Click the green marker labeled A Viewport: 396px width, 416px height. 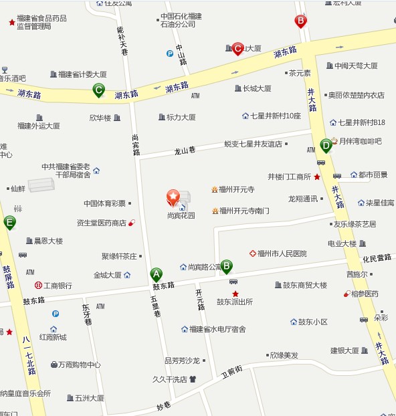[157, 274]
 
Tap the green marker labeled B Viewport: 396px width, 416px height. [226, 266]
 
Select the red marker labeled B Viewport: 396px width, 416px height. [301, 21]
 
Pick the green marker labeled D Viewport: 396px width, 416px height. [326, 144]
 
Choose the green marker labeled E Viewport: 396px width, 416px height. [9, 223]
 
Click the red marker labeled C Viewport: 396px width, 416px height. [237, 49]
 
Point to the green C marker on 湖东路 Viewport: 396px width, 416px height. [99, 90]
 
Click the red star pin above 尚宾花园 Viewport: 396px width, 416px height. [173, 197]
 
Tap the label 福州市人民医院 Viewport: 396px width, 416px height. [282, 253]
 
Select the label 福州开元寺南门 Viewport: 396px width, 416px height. [244, 211]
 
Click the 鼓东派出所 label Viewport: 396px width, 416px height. [235, 302]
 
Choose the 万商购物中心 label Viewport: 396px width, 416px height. [79, 365]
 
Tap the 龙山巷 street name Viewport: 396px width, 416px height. [183, 151]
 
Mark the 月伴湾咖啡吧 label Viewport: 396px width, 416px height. [360, 141]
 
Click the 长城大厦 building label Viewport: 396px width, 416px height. [257, 88]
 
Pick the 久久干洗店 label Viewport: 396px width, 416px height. [170, 379]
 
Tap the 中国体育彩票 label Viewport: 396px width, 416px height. [104, 203]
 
